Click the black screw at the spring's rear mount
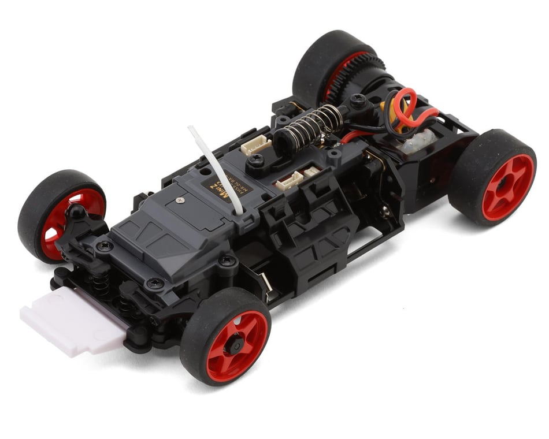(359, 103)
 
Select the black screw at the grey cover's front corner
(155, 283)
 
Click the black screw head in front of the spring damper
(258, 161)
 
